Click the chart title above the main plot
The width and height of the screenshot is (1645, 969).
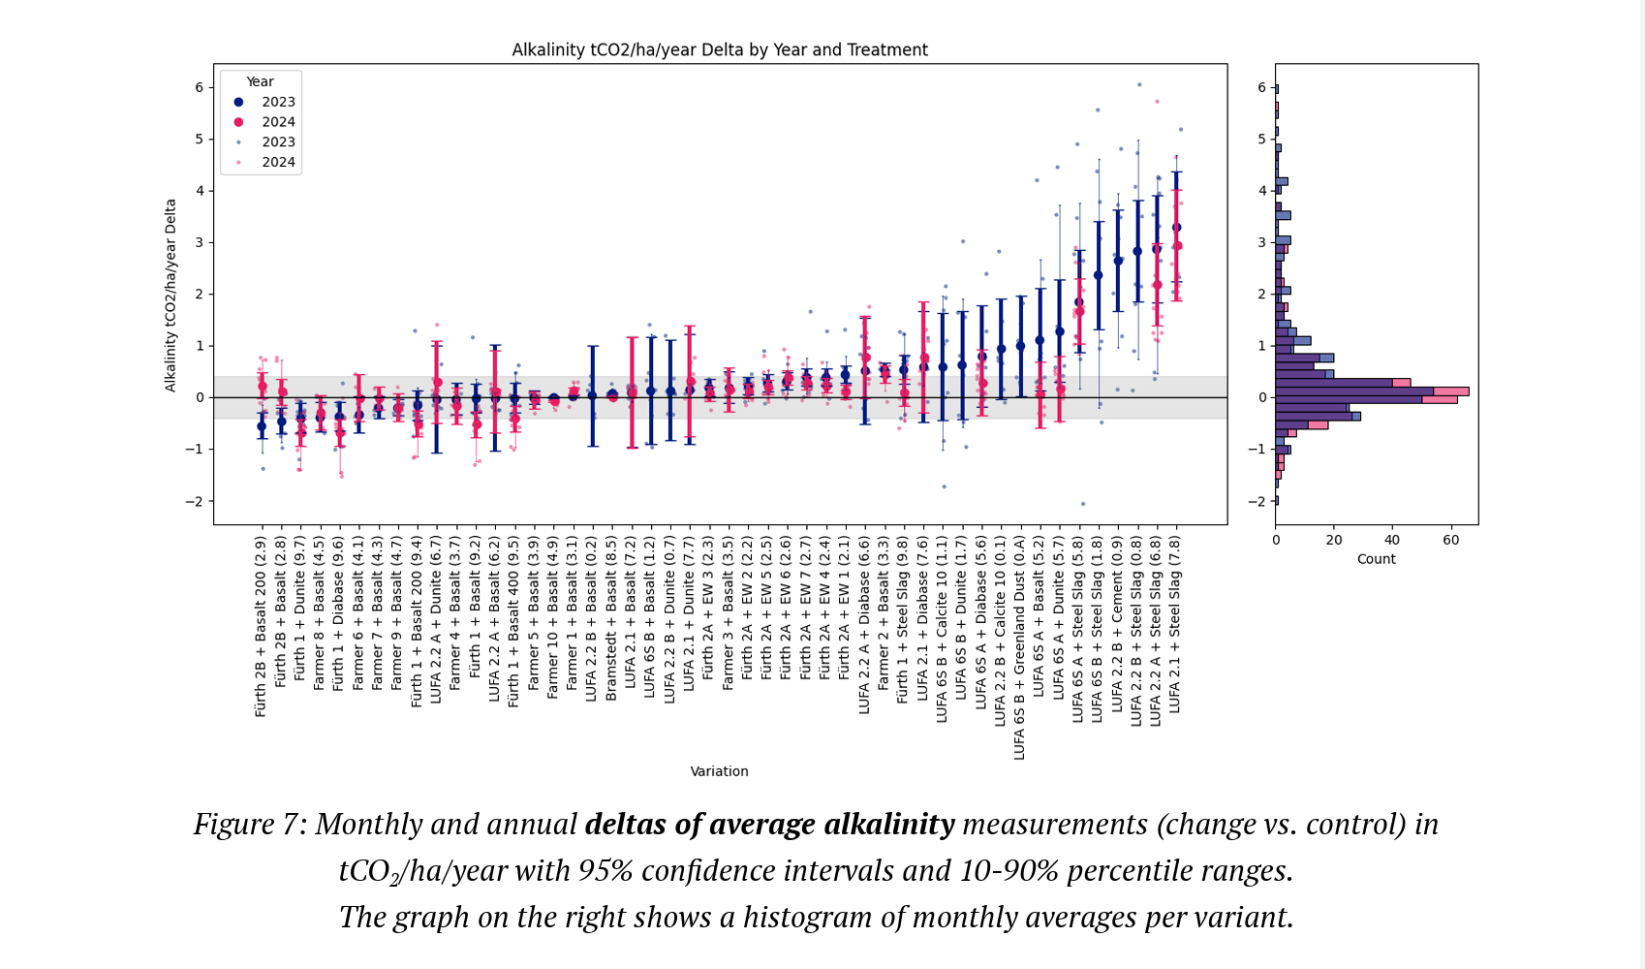coord(720,49)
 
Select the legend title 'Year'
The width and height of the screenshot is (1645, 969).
coord(260,81)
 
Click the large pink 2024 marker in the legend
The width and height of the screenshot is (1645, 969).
coord(238,122)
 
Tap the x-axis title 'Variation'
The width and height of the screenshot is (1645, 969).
coord(719,771)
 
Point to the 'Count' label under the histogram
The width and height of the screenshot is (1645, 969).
coord(1376,559)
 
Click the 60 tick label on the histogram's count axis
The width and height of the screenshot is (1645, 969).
coord(1450,540)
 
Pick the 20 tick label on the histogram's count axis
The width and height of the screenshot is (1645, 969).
coord(1334,540)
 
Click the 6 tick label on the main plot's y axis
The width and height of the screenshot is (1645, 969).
coord(200,87)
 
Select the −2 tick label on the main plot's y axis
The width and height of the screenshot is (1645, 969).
coord(197,501)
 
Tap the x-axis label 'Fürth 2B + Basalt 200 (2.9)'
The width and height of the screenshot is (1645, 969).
coord(261,627)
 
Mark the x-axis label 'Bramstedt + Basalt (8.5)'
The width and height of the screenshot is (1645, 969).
coord(611,619)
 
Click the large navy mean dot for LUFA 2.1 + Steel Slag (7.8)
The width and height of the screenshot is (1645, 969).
coord(1176,228)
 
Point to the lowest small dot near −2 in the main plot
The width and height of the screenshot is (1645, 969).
coord(1082,504)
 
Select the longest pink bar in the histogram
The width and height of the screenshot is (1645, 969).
coord(1451,391)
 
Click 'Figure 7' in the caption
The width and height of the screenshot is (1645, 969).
coord(249,824)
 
